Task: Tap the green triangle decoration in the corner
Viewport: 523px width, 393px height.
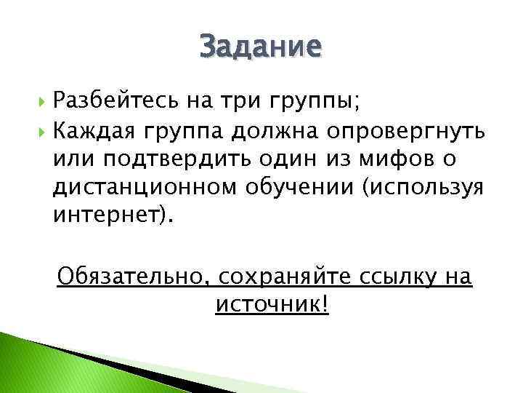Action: click(29, 364)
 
